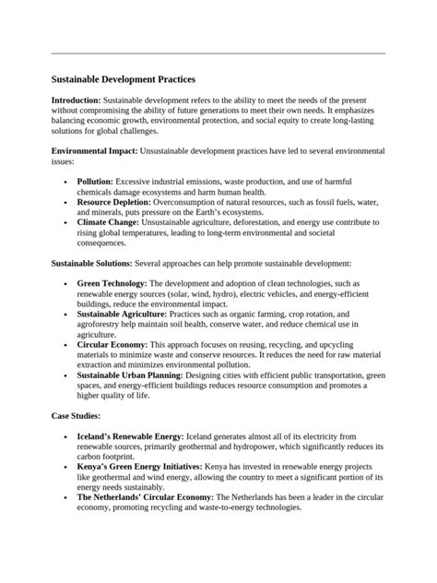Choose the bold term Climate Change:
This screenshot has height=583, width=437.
coord(110,222)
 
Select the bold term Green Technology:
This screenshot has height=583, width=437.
coord(112,283)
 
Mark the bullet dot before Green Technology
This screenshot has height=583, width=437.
coord(65,284)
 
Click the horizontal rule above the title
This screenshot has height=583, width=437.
coord(218,54)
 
